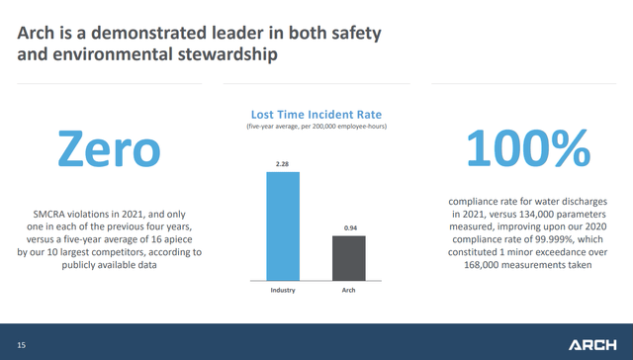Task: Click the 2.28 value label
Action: coord(283,164)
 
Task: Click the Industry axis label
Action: coord(283,290)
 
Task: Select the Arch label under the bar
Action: coord(347,290)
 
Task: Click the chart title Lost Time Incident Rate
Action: coord(316,114)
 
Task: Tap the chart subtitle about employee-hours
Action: coord(316,127)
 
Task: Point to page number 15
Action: coord(21,344)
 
